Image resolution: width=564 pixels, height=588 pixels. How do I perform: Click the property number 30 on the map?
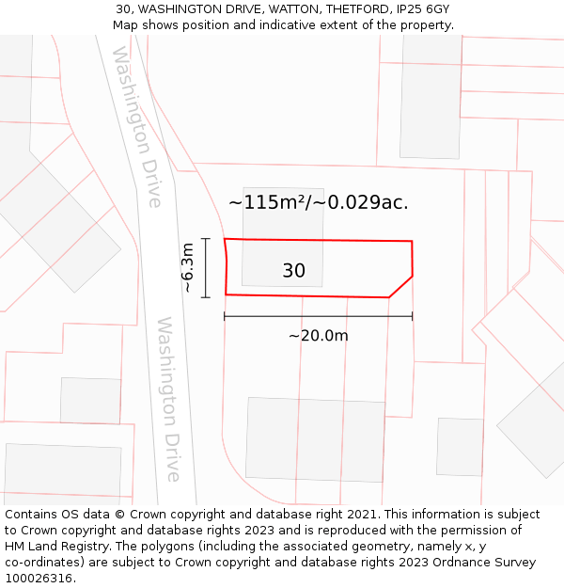click(x=293, y=271)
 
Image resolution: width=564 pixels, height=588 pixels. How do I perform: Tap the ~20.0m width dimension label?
click(x=318, y=336)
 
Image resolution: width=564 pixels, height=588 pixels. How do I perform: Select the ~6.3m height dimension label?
click(x=188, y=267)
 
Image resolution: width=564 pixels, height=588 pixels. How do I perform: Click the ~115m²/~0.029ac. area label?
click(x=319, y=202)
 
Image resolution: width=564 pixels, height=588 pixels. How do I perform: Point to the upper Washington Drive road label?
click(x=137, y=126)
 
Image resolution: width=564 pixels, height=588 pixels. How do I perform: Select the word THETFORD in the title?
click(x=353, y=8)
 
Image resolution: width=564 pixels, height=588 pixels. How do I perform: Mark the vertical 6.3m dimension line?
click(x=205, y=267)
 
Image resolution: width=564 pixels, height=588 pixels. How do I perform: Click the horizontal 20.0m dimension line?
click(x=318, y=317)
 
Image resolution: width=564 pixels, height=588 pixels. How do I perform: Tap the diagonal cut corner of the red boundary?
click(x=401, y=287)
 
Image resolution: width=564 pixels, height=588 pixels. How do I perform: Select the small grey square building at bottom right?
click(x=460, y=446)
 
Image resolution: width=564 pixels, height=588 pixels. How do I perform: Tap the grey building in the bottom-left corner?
click(x=63, y=469)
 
